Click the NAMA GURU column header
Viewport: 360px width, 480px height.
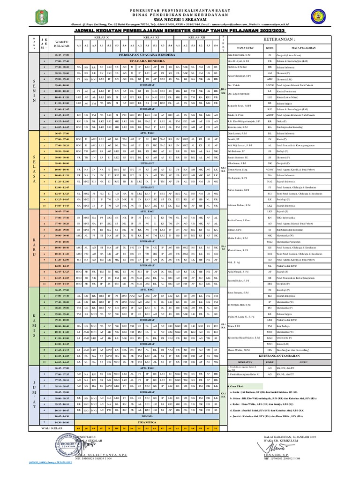(x=244, y=48)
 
